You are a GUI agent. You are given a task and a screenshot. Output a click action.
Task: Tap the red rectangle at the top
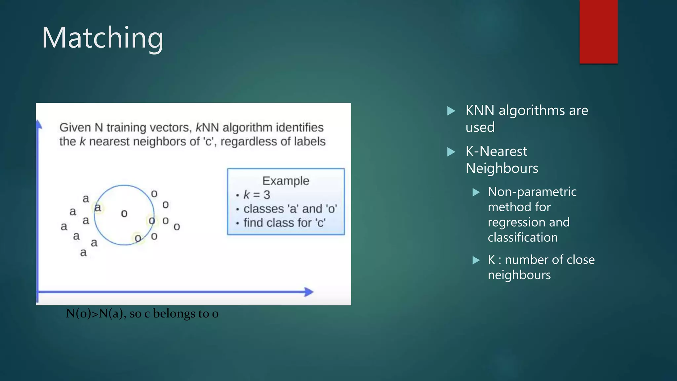598,31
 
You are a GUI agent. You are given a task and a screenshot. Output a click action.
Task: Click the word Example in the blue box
286,181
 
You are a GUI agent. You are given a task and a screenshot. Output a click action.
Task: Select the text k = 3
257,195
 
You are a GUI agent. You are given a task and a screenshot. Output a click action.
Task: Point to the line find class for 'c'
284,223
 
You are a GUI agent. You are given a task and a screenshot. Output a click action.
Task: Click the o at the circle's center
124,214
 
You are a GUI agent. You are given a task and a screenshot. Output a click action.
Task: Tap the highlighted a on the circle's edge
98,208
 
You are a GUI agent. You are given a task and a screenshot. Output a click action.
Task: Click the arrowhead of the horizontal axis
309,292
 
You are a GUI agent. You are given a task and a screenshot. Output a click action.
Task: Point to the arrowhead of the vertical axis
39,125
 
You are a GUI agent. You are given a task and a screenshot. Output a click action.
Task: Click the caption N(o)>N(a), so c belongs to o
142,314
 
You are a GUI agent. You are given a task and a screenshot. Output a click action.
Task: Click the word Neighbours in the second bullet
502,168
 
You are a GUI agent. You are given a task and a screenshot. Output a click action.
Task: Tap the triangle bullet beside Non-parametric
476,192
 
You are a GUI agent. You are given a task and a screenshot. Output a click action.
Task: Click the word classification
523,237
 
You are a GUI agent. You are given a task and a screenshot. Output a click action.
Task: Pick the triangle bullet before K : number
476,260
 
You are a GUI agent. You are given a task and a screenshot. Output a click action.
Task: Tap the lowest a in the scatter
83,253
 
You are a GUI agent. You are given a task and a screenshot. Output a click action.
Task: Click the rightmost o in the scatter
177,227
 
